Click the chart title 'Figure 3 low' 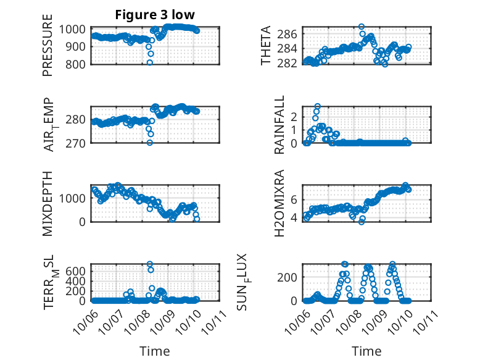[155, 15]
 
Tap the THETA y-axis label [266, 46]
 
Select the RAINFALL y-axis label [279, 125]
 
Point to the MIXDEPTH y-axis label [48, 204]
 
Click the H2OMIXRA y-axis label [279, 204]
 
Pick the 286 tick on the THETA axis [290, 33]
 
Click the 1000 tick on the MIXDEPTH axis [75, 198]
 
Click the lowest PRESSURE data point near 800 [149, 62]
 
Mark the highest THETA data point [362, 27]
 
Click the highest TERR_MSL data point [150, 264]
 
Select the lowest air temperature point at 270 [149, 143]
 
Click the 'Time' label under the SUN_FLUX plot [366, 351]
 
